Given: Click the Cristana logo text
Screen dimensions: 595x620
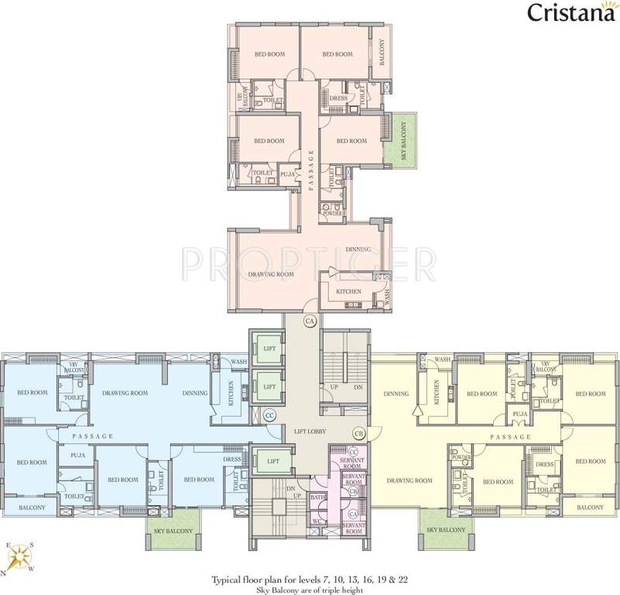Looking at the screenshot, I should tap(567, 12).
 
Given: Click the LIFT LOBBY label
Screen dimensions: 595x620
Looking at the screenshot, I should tap(309, 428).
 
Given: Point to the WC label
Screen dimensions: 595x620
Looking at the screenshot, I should tap(317, 521).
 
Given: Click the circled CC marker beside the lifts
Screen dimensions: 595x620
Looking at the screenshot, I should tap(270, 415).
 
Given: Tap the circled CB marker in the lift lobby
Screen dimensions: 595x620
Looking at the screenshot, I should tap(358, 432).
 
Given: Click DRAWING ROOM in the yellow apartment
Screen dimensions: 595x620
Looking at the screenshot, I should tap(409, 480).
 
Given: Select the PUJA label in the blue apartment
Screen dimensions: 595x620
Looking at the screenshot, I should tap(77, 455).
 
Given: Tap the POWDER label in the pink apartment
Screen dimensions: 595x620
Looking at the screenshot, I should tap(332, 213).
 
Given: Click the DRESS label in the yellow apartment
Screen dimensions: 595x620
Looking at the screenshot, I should tap(545, 465).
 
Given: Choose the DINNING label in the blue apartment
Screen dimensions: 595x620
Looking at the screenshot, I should tap(195, 393).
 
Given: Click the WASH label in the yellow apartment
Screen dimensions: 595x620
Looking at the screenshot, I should tap(442, 360).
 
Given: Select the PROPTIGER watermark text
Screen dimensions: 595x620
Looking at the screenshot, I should tap(309, 263).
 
